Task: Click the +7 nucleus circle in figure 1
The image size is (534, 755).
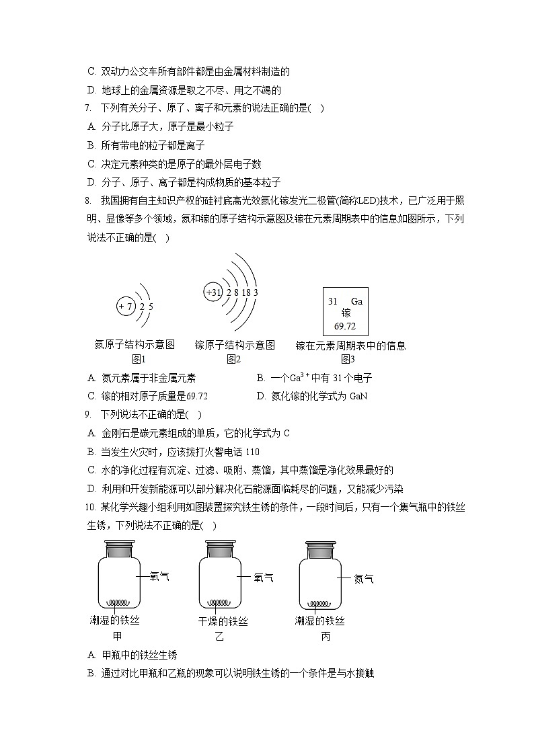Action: [x=126, y=307]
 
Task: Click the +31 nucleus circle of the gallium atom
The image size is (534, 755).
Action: [x=213, y=292]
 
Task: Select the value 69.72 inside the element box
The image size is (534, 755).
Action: [x=345, y=327]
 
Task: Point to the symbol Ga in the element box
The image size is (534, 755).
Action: [x=356, y=301]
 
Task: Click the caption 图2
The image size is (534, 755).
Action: [x=233, y=359]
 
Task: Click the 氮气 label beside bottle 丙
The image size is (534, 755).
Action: [x=364, y=578]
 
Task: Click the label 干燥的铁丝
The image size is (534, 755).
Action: [x=223, y=621]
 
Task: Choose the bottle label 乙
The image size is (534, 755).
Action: [x=219, y=637]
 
